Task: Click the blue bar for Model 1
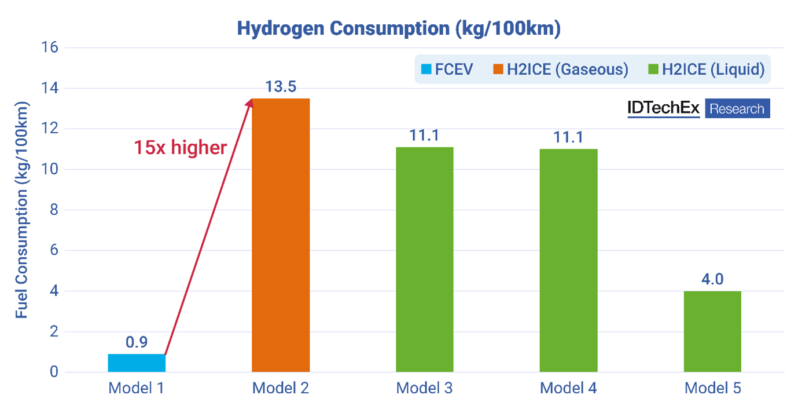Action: tap(137, 363)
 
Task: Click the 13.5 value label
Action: tap(281, 87)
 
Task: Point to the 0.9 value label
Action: tap(137, 342)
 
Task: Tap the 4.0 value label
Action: tap(712, 279)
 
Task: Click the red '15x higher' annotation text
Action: tap(181, 148)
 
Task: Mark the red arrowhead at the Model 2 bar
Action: tap(251, 103)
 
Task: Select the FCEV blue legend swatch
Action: tap(426, 70)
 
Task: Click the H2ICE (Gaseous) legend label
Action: tap(567, 70)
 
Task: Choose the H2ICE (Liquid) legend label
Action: tap(713, 70)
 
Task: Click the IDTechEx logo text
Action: tap(663, 108)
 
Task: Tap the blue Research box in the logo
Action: tap(737, 108)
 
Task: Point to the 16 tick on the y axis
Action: tap(51, 47)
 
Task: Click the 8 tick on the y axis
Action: tap(54, 210)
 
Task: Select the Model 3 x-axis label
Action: tap(424, 388)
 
